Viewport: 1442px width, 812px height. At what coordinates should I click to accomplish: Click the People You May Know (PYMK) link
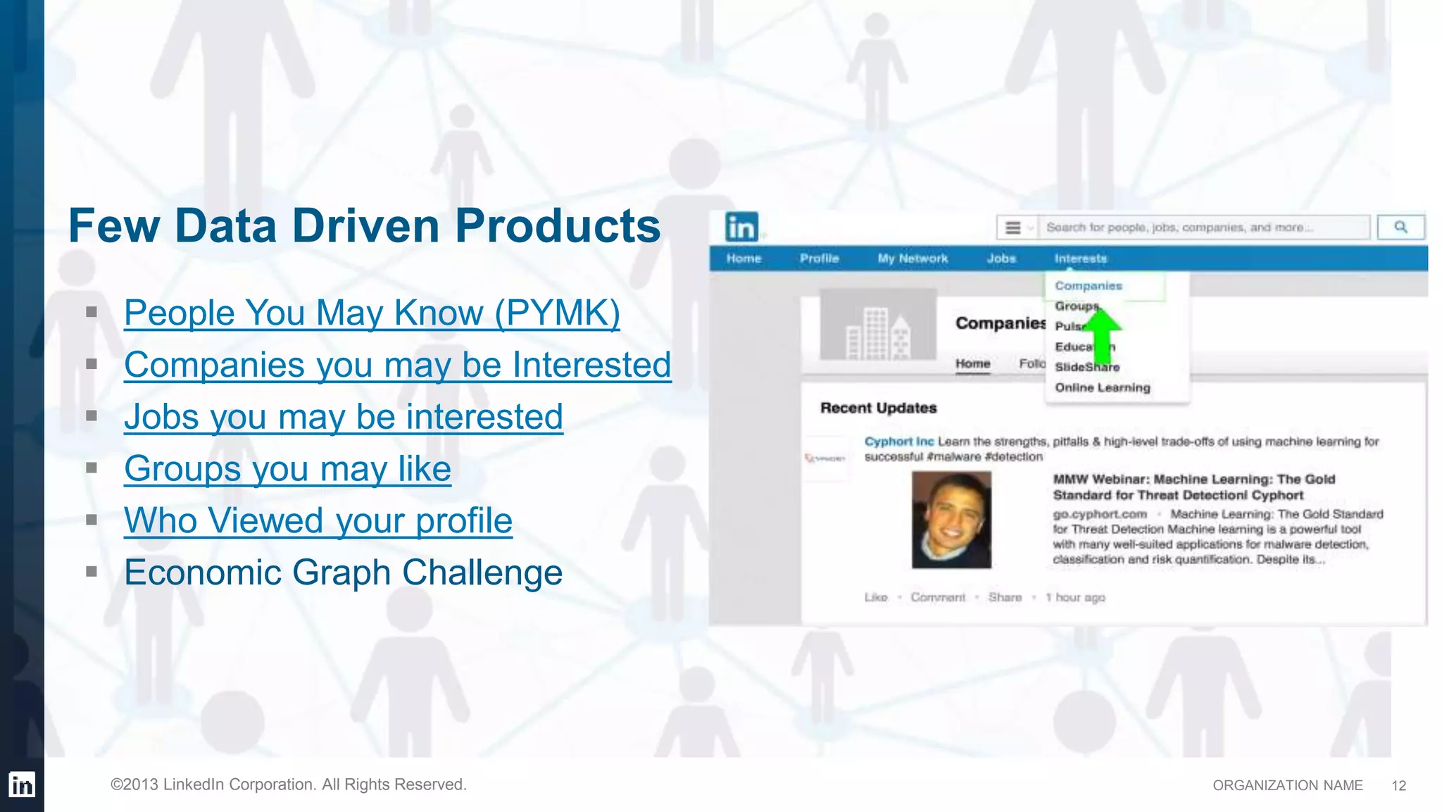[x=372, y=313]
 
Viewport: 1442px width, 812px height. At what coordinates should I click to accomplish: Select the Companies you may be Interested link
[x=397, y=365]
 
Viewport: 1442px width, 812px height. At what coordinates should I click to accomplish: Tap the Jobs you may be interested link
[x=343, y=417]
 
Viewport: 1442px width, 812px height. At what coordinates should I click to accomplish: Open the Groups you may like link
[x=287, y=469]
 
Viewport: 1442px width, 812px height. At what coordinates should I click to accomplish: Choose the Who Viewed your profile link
[x=318, y=521]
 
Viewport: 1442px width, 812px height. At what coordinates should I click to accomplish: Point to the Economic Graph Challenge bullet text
[x=343, y=573]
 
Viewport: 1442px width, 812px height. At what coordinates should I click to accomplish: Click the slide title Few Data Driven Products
[x=364, y=226]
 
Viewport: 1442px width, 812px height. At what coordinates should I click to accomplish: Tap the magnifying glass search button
[x=1400, y=227]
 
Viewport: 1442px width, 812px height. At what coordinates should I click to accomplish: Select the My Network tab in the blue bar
[x=913, y=258]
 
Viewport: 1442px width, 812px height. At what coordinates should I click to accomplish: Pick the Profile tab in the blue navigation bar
[x=819, y=258]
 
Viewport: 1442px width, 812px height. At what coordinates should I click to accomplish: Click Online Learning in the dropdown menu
[x=1102, y=387]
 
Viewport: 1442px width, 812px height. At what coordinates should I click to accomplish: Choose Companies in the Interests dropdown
[x=1089, y=286]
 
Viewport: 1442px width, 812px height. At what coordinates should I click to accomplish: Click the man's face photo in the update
[x=951, y=520]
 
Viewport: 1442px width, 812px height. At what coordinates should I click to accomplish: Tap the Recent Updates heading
[x=878, y=408]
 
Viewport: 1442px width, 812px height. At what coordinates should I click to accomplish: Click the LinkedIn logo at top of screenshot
[x=741, y=227]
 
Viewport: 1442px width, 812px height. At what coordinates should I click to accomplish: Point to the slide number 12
[x=1398, y=785]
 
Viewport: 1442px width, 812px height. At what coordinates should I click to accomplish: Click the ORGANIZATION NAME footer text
[x=1287, y=785]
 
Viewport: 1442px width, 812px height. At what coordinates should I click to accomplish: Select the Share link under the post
[x=1004, y=597]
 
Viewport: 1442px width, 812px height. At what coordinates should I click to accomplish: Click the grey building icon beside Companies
[x=877, y=327]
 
